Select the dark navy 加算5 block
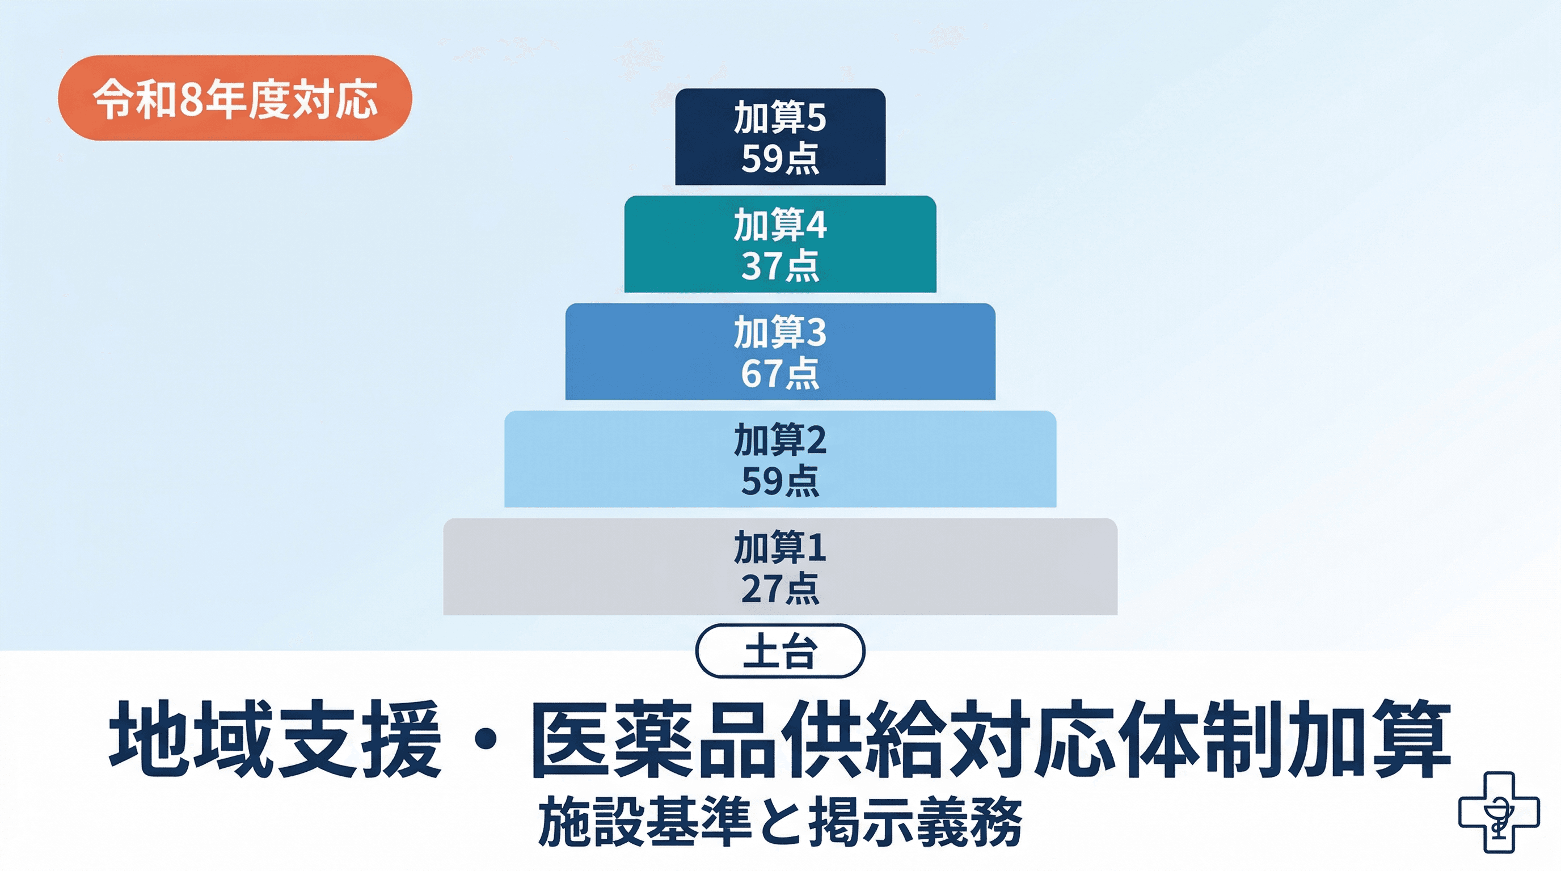click(780, 137)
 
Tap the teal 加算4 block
click(780, 244)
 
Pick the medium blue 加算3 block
click(780, 352)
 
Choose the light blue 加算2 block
click(780, 459)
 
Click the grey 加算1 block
click(780, 566)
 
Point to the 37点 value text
click(780, 266)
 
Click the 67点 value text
click(780, 373)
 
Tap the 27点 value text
click(780, 588)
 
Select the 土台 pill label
click(780, 651)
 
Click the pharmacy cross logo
click(1498, 811)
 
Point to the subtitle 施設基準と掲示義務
click(780, 822)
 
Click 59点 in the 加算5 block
click(780, 159)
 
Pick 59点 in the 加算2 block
click(780, 481)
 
